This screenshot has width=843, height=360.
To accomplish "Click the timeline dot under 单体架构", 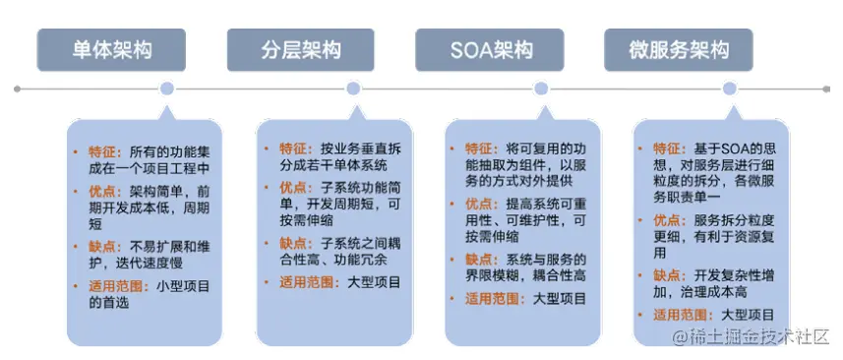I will (x=167, y=89).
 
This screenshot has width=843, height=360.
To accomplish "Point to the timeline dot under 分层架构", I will (x=353, y=89).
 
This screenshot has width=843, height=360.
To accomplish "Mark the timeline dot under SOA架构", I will (x=540, y=89).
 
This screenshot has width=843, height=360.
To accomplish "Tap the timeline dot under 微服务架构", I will (x=729, y=89).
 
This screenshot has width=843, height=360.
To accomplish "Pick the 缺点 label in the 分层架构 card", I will (x=293, y=242).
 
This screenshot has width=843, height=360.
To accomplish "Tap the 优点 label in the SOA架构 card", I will (x=481, y=204).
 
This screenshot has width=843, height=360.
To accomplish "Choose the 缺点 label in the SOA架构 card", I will (x=481, y=260).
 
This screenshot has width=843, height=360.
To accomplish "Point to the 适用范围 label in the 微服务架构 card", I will (x=682, y=315).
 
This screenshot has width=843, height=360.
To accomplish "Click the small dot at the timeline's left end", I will (x=19, y=89).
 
